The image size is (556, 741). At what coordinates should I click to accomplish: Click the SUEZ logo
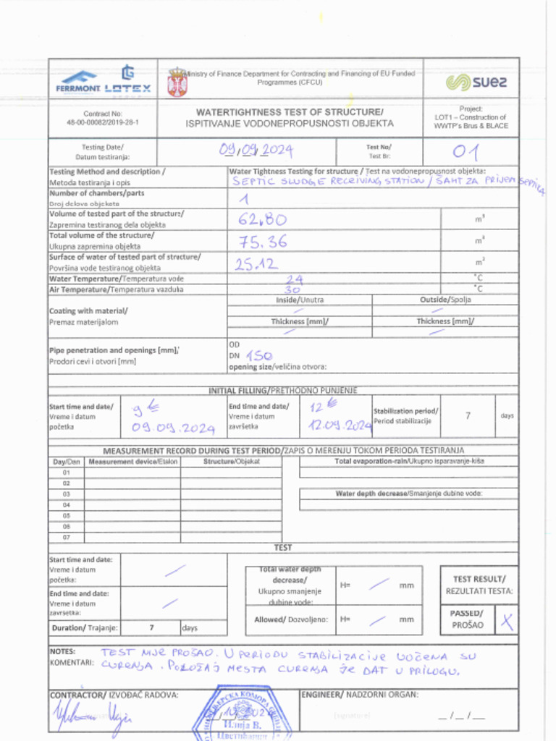click(476, 82)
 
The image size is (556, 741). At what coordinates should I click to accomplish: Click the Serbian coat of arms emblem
click(177, 82)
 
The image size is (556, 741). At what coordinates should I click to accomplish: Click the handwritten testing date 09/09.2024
click(256, 150)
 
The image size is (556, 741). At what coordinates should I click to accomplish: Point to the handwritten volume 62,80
click(263, 219)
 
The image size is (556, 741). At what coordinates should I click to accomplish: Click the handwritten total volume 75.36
click(261, 240)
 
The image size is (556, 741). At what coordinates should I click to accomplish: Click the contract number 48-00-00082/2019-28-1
click(103, 123)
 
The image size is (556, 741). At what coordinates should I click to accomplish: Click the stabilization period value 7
click(468, 415)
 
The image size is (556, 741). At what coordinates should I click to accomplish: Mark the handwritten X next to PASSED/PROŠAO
click(508, 619)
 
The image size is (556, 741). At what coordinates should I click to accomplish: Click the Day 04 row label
click(67, 504)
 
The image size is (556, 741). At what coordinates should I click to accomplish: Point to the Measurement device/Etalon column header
click(132, 461)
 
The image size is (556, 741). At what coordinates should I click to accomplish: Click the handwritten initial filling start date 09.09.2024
click(174, 428)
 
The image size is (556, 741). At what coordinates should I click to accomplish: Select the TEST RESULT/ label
click(479, 579)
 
